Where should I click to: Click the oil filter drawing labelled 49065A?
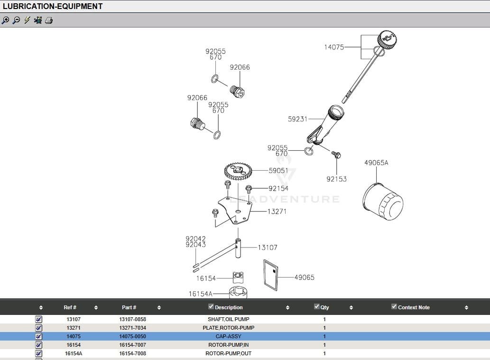383,201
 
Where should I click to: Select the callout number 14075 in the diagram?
334,47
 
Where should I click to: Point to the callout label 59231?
297,119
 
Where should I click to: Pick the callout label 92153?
336,179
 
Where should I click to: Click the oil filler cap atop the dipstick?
387,39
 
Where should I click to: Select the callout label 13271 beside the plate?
277,212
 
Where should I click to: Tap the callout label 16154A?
200,294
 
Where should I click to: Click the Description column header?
229,307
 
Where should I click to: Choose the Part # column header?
129,307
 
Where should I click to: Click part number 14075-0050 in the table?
133,336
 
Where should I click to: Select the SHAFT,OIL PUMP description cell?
228,319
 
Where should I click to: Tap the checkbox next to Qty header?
317,306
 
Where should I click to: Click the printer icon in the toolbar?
49,20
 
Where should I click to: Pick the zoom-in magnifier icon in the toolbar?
5,20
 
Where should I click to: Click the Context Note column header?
414,307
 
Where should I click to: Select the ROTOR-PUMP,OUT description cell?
228,353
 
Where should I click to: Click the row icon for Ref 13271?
39,328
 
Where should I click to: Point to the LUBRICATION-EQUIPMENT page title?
53,6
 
